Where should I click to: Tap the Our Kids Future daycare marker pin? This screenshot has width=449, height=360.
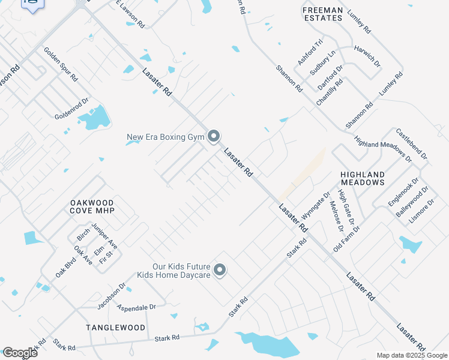point(220,271)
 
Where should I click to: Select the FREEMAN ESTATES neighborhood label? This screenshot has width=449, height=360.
point(322,14)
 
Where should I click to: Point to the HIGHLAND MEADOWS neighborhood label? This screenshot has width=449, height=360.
point(362,178)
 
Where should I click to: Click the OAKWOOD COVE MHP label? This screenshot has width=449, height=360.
point(92,207)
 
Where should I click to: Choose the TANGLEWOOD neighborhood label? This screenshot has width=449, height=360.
point(115,328)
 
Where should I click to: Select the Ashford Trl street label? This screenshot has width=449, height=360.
point(310,53)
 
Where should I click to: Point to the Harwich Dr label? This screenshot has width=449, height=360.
point(367,56)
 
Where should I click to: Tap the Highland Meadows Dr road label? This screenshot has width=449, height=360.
point(382,149)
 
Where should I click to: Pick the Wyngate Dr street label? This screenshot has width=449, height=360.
point(316,205)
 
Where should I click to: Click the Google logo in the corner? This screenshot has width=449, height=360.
point(20,352)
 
